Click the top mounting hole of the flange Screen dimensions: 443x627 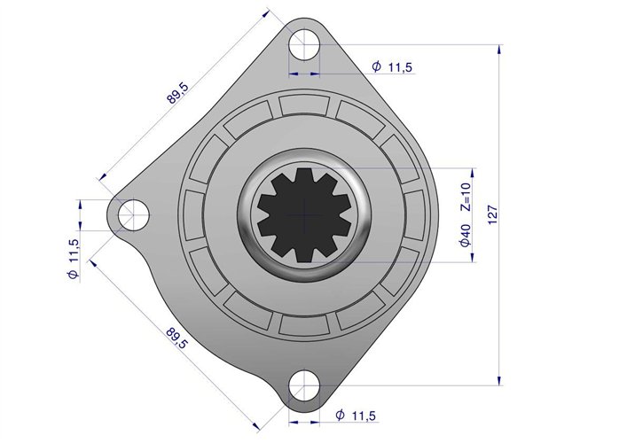click(303, 42)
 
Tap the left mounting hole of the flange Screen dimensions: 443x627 click(134, 213)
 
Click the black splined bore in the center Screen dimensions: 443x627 click(304, 214)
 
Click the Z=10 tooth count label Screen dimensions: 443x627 click(466, 196)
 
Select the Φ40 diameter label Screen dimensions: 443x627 click(466, 237)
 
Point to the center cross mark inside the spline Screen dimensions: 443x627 click(304, 214)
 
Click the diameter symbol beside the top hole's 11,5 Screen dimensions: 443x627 click(376, 67)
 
